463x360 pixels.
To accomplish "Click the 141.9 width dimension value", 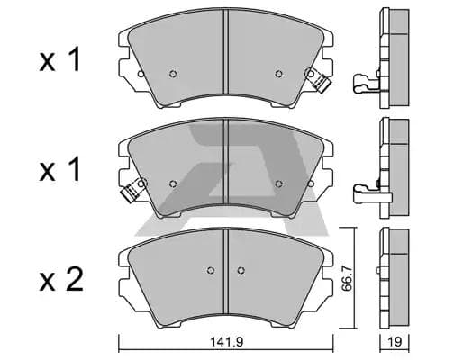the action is point(226,342).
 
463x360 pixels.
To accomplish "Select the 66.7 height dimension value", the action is point(347,277).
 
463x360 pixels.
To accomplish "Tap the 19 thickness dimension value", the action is point(395,342).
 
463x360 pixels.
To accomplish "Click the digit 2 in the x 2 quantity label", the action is point(75,280).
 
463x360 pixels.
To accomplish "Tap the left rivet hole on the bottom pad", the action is point(211,270).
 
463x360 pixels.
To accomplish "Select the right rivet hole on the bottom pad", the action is point(241,270).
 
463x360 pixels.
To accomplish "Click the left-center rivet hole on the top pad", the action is point(173,74).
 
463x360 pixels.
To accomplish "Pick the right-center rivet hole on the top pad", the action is point(279,74).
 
